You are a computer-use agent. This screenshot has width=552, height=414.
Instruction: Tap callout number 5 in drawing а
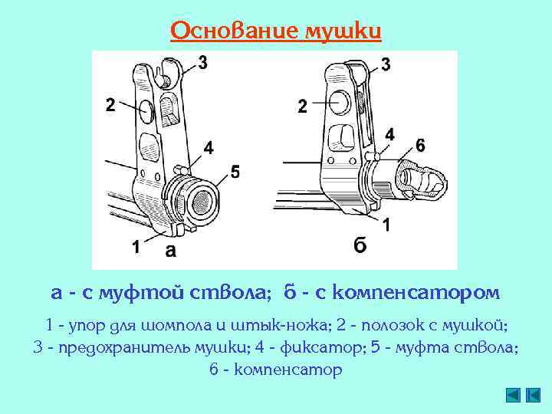pos(235,172)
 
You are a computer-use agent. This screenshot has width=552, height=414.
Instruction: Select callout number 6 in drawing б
pos(419,145)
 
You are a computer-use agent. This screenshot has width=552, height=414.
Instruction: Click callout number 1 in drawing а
pos(135,247)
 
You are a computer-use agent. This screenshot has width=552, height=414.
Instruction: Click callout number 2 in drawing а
pos(111,106)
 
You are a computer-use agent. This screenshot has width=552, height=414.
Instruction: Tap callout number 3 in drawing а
pos(202,62)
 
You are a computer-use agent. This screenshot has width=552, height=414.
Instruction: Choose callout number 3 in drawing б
pos(384,64)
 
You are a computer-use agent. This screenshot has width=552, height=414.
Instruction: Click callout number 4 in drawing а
pos(209,146)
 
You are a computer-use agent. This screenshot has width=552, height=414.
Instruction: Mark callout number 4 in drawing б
pos(390,135)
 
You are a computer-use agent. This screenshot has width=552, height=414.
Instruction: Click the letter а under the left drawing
pos(171,250)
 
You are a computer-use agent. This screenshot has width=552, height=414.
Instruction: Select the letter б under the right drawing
pos(360,245)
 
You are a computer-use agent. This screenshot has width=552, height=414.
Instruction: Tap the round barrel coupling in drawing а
pos(201,202)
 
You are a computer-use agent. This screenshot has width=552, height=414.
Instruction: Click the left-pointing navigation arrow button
pos(514,395)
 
